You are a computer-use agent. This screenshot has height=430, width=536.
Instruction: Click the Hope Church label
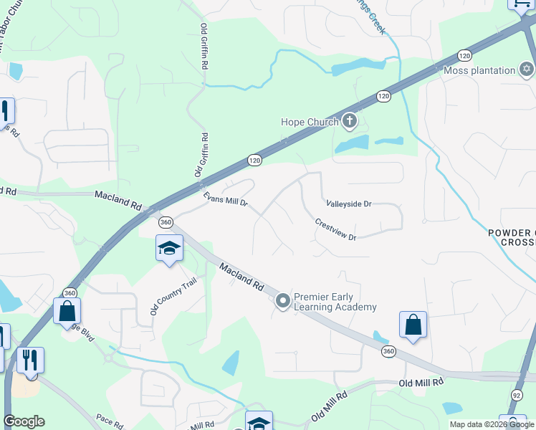click(x=309, y=122)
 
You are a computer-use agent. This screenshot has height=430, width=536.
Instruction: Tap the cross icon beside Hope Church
click(x=349, y=120)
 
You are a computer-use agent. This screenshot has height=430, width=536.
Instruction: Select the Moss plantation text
click(x=479, y=70)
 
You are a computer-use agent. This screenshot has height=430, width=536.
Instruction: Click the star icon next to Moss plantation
click(x=527, y=70)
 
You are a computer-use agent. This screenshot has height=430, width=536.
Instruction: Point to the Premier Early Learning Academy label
click(x=335, y=302)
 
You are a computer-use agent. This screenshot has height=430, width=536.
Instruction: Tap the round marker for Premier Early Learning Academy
click(x=283, y=302)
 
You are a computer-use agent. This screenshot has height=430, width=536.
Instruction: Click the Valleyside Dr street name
click(x=348, y=204)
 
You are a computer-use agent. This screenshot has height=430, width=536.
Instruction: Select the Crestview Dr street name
click(x=335, y=229)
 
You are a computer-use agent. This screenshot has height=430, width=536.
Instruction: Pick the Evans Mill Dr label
click(x=225, y=199)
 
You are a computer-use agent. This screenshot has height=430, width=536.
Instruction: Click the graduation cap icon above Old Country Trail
click(x=169, y=248)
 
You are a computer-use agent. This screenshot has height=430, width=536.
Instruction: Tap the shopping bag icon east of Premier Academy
click(x=413, y=324)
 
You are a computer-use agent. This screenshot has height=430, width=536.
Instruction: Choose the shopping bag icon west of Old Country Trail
click(x=67, y=310)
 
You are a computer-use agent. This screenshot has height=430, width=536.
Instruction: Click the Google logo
click(x=24, y=421)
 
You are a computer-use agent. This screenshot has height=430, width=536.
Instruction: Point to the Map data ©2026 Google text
click(x=491, y=424)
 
